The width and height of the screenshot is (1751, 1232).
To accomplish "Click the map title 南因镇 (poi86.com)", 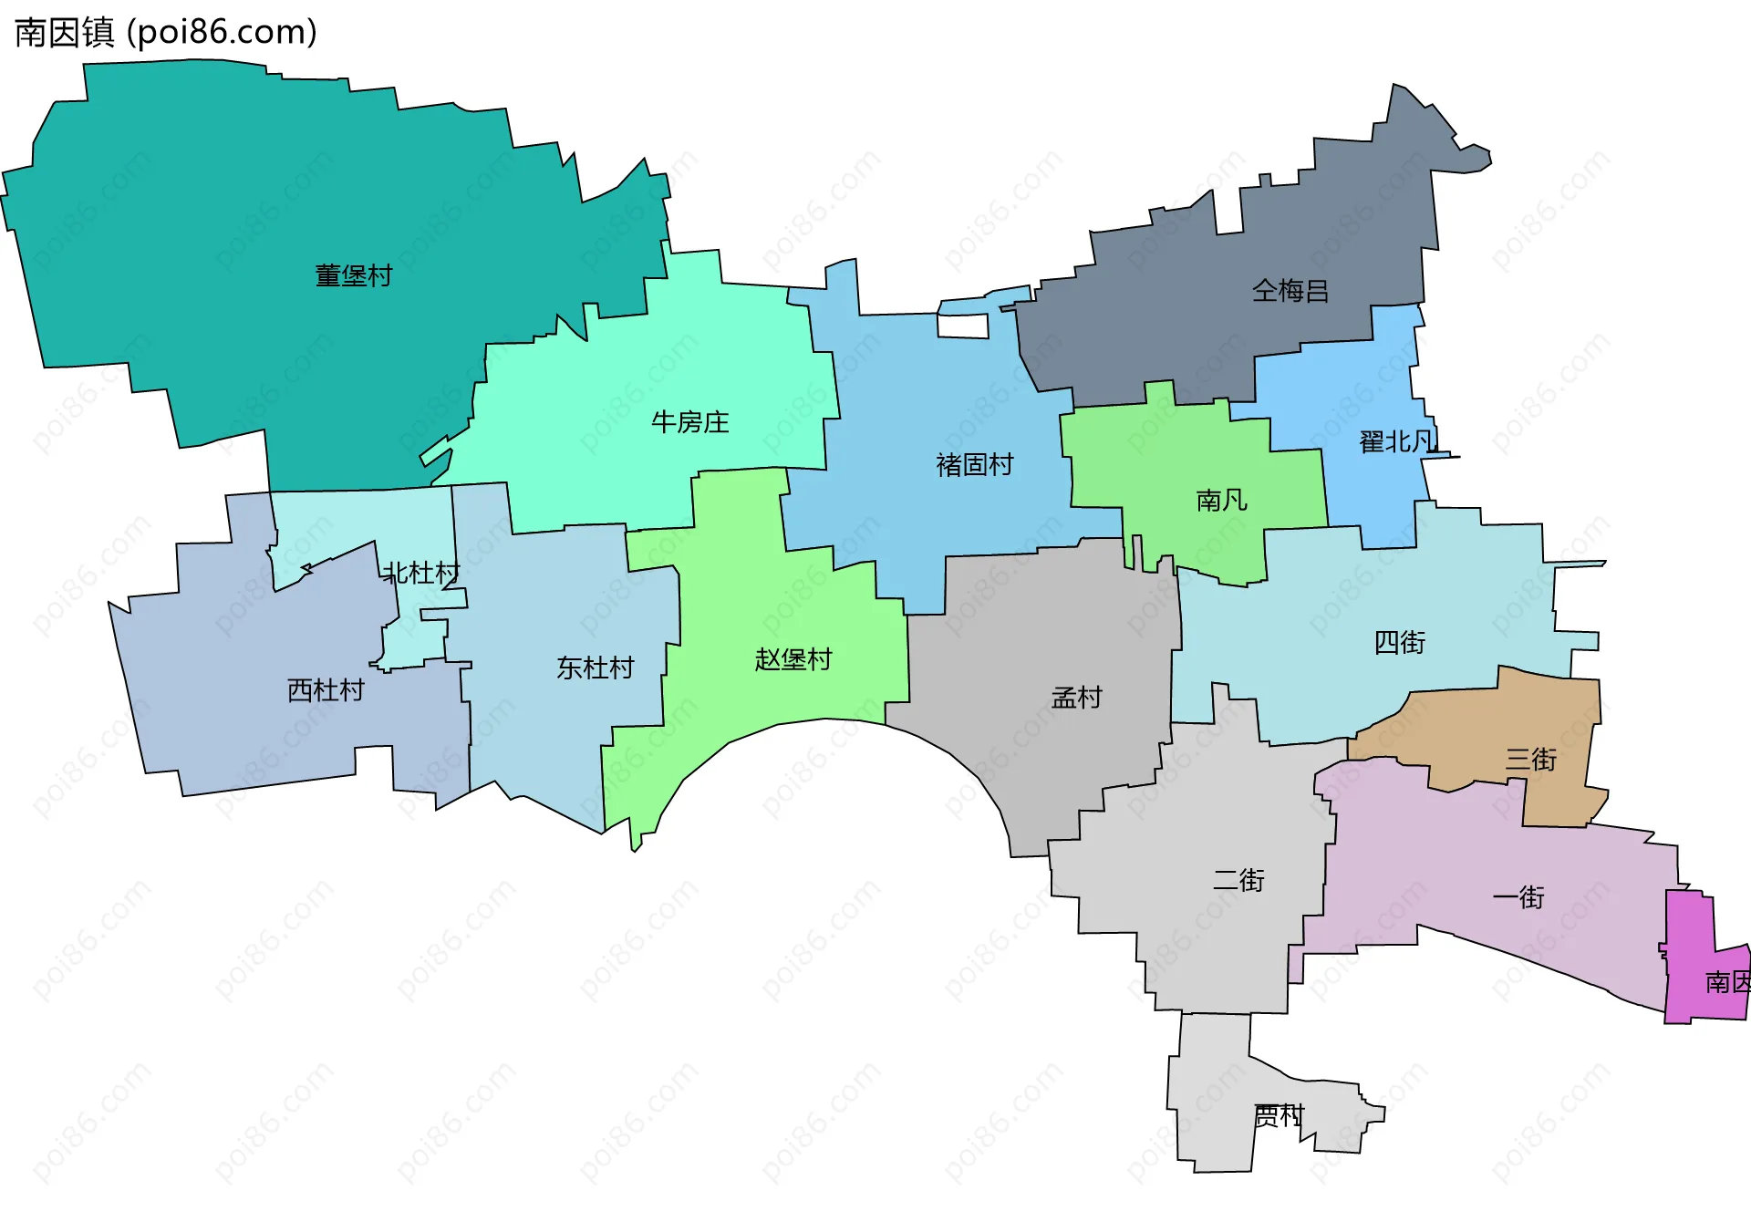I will (166, 33).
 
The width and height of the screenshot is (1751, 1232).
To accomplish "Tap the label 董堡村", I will (354, 275).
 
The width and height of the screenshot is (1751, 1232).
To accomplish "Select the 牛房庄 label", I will (690, 422).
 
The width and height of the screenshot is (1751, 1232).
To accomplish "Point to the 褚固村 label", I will (975, 465).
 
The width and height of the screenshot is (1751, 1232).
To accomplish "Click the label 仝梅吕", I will (1290, 291).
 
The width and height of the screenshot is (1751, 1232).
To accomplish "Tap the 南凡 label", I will (1221, 501).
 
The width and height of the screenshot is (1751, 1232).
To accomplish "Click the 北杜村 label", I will (421, 574).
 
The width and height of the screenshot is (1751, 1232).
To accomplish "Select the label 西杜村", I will (326, 690).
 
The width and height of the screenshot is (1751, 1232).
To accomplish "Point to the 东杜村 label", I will (596, 668).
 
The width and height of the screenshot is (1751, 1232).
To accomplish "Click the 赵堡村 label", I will (793, 659).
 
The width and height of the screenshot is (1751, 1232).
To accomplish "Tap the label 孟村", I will (1077, 699).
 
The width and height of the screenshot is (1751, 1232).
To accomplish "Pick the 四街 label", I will (1400, 643).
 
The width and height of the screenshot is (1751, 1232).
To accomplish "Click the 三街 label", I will (1531, 760).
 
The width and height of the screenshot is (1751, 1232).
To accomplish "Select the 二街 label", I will (1238, 880).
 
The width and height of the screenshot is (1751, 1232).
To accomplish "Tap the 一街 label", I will (1518, 898).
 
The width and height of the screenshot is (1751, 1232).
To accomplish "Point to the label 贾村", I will (1279, 1115).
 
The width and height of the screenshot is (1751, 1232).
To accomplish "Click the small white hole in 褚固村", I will (963, 326).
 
